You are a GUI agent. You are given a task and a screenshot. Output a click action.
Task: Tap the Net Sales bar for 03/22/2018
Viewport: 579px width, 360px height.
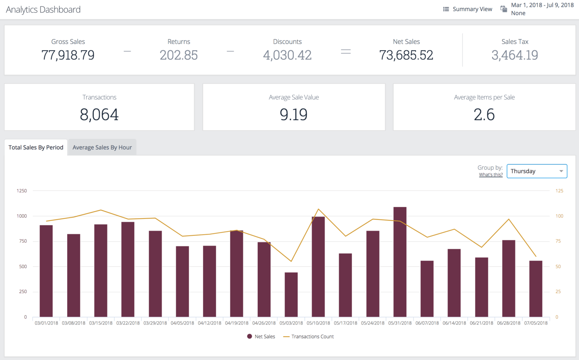click(128, 269)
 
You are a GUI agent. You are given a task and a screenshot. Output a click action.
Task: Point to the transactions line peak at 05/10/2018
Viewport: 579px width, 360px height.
click(318, 209)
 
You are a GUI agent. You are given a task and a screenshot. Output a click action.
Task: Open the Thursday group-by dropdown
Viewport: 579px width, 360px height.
click(537, 171)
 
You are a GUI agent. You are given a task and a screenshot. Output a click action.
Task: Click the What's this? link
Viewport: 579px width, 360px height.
click(491, 175)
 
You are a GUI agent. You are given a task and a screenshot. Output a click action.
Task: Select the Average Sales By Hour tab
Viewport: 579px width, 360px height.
click(102, 147)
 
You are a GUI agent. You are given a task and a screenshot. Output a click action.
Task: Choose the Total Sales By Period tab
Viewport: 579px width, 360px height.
click(36, 147)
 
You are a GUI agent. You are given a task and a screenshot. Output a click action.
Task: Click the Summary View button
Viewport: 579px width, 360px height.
click(468, 9)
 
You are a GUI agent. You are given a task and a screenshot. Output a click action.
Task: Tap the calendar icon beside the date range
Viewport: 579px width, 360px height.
click(503, 9)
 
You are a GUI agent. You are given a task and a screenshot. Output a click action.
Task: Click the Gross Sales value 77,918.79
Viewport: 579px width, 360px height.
click(68, 55)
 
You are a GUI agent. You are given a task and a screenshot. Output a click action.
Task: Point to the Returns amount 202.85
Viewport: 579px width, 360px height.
click(179, 55)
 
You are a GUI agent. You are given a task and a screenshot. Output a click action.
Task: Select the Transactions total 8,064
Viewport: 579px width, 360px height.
click(99, 115)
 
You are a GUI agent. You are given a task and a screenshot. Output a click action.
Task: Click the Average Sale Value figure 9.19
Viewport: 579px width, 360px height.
click(294, 115)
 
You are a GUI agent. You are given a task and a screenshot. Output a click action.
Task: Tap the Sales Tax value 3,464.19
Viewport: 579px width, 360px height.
click(515, 55)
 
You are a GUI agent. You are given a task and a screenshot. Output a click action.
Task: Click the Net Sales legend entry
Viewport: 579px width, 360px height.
click(261, 337)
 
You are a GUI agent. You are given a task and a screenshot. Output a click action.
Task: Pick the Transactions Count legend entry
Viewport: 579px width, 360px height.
click(309, 337)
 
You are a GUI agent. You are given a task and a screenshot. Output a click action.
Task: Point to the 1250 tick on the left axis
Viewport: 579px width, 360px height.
click(22, 191)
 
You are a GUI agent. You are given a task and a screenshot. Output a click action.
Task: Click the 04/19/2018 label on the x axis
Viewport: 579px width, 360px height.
click(237, 323)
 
